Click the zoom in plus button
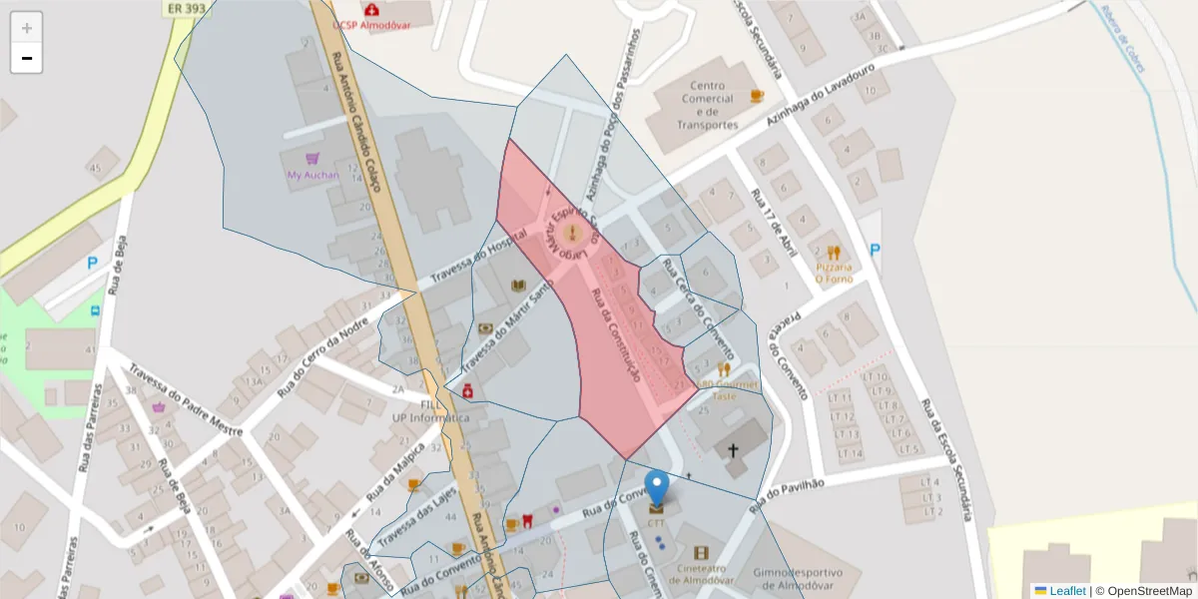(x=27, y=28)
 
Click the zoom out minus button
(x=27, y=58)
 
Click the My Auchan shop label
(x=312, y=175)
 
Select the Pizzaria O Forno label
(x=834, y=273)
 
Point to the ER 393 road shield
(x=187, y=7)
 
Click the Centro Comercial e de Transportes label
(x=707, y=105)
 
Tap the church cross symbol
(x=733, y=450)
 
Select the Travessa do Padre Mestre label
(x=185, y=412)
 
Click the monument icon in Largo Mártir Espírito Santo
(x=572, y=234)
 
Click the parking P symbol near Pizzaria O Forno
(x=875, y=251)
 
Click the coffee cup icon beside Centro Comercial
(x=757, y=96)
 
